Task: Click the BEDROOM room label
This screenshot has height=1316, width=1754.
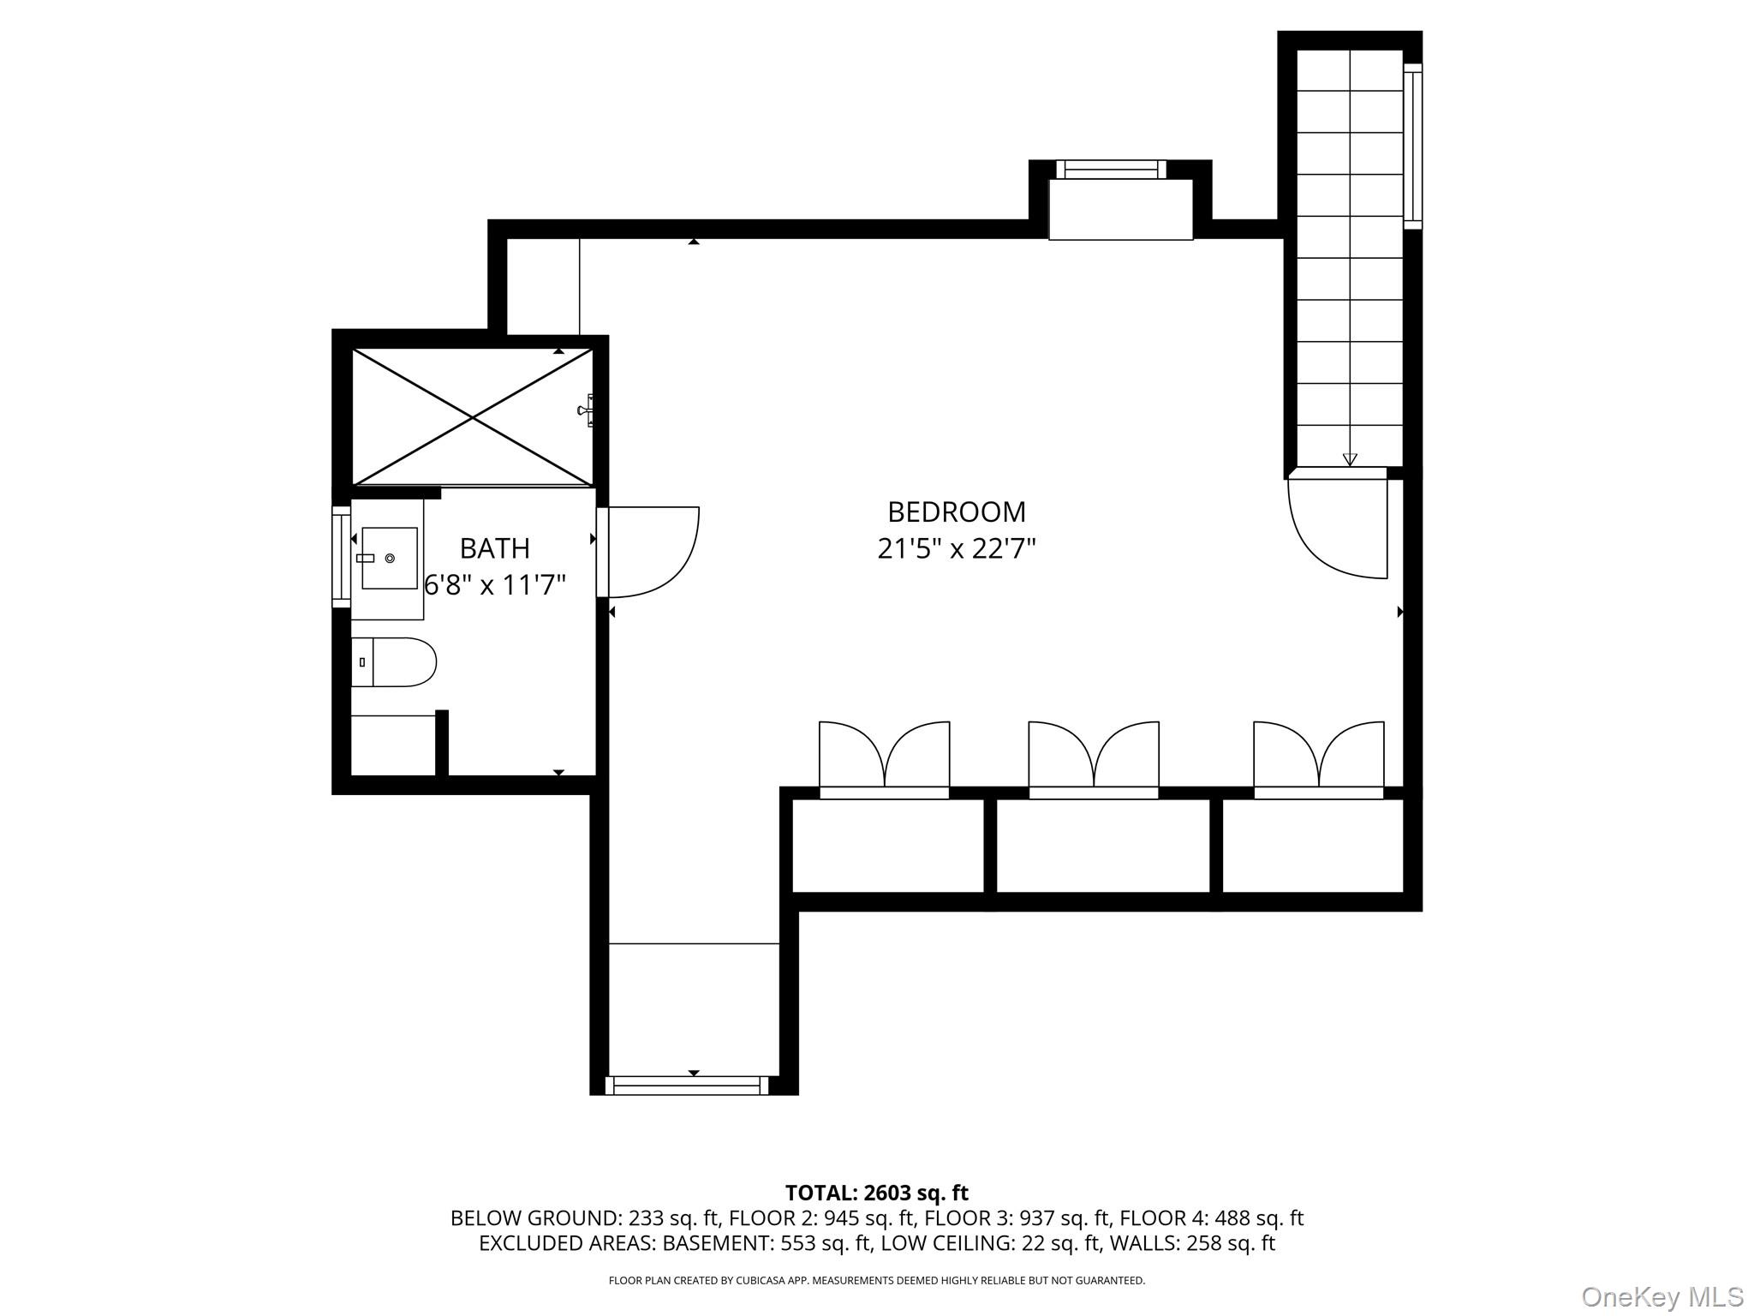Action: tap(956, 511)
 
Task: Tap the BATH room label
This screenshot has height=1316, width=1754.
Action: tap(494, 547)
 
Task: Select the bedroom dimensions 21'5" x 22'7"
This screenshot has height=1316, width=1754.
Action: tap(956, 548)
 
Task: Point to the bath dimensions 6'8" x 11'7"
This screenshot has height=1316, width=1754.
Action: tap(496, 585)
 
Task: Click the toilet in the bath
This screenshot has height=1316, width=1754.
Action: tap(394, 661)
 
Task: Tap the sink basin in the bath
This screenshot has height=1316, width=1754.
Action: tap(390, 558)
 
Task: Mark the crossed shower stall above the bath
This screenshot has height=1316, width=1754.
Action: tap(473, 417)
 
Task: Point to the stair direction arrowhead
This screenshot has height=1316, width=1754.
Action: tap(1350, 459)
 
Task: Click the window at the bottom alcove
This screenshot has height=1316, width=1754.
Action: tap(688, 1086)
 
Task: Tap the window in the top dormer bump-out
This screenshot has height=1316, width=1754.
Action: tap(1111, 170)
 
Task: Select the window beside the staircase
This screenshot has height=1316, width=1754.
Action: tap(1412, 146)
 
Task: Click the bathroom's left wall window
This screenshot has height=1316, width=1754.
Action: tap(341, 557)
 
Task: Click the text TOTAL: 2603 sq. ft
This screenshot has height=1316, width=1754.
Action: tap(876, 1193)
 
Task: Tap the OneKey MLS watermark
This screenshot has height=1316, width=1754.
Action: tap(1662, 1296)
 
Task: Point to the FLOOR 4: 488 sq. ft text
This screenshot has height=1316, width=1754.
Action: tap(1211, 1217)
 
